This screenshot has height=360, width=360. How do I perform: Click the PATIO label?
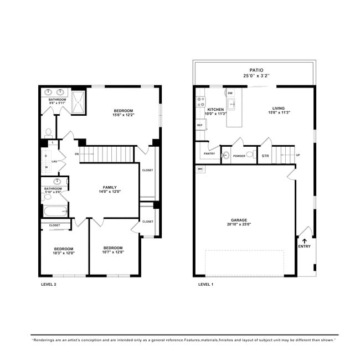pyautogui.click(x=256, y=70)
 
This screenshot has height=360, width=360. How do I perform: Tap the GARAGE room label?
pyautogui.click(x=239, y=221)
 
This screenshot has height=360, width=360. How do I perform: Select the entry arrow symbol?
pyautogui.click(x=304, y=241)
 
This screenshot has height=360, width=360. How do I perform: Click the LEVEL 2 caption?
pyautogui.click(x=49, y=284)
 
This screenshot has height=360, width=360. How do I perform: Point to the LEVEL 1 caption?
pyautogui.click(x=206, y=284)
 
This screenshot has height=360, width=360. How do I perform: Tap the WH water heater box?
pyautogui.click(x=200, y=168)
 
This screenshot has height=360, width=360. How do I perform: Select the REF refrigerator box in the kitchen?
pyautogui.click(x=200, y=126)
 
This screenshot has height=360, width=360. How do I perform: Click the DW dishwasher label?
pyautogui.click(x=230, y=93)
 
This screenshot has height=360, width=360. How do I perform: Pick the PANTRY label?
pyautogui.click(x=209, y=153)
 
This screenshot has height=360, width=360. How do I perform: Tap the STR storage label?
pyautogui.click(x=265, y=156)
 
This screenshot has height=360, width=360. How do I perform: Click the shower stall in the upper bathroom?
pyautogui.click(x=80, y=102)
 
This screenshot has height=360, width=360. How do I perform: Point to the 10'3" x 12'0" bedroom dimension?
pyautogui.click(x=64, y=253)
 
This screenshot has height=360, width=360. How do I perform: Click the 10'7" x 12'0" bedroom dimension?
pyautogui.click(x=113, y=252)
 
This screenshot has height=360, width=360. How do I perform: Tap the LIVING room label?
pyautogui.click(x=279, y=108)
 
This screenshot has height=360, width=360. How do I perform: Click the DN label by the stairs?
pyautogui.click(x=76, y=153)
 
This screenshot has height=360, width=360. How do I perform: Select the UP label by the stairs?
pyautogui.click(x=298, y=155)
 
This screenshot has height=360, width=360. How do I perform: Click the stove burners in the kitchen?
pyautogui.click(x=200, y=102)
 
